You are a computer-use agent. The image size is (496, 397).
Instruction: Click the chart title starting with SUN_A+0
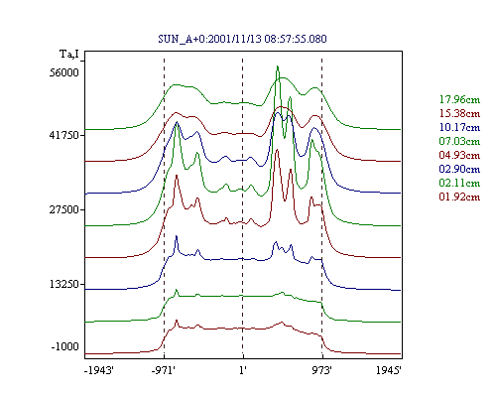point(242,39)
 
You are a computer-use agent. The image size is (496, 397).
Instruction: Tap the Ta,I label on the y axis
point(69,54)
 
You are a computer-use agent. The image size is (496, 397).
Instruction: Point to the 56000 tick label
point(64,72)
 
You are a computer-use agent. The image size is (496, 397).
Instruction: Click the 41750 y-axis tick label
point(64,135)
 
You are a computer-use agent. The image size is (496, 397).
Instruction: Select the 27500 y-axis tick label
point(64,209)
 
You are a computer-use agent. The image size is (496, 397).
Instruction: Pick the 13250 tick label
point(64,284)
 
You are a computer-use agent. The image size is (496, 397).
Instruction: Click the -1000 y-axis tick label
point(65,346)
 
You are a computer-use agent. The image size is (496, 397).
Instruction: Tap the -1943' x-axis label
point(99,370)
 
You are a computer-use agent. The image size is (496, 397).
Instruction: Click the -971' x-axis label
point(164,370)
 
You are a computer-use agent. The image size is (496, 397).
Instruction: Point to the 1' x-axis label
point(243,370)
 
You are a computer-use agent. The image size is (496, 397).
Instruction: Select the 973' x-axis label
point(321,370)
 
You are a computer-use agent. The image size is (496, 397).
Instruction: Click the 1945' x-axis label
point(389,370)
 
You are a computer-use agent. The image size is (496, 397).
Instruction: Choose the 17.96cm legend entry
point(459,99)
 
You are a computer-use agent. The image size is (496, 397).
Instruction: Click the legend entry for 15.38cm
point(459,113)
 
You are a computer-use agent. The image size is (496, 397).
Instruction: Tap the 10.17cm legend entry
point(459,127)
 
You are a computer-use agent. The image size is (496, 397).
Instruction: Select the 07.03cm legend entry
point(459,141)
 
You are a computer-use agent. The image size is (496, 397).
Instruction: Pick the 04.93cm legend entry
point(459,155)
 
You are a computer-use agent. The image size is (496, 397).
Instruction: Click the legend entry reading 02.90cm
point(459,169)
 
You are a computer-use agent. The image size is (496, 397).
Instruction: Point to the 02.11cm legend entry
point(459,183)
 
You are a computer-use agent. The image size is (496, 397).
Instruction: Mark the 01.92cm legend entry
point(459,197)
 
